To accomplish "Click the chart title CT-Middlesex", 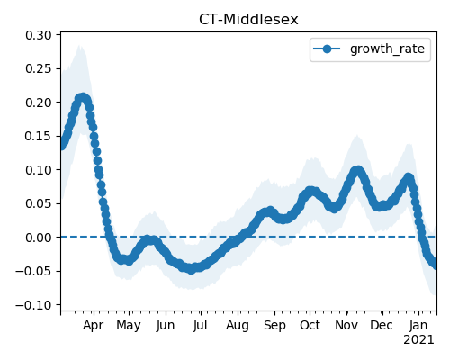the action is click(248, 20).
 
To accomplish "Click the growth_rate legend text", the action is click(387, 49).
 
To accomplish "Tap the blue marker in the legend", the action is click(327, 49).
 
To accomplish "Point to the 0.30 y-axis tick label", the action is click(39, 35).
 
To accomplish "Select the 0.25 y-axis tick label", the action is click(39, 68).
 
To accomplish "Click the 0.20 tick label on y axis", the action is click(39, 103).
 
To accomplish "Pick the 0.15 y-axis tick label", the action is click(39, 136).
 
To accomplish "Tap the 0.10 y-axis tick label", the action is click(39, 170).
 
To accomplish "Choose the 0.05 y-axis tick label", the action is click(39, 203).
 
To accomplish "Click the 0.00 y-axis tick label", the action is click(39, 238).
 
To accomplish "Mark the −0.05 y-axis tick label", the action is click(33, 271).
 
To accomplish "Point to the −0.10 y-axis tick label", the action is click(33, 305).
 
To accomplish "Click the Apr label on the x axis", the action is click(94, 326).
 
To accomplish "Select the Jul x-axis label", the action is click(200, 325).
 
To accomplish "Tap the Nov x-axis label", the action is click(346, 325).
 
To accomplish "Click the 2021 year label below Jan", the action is click(418, 340).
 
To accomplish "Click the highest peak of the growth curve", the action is click(83, 98).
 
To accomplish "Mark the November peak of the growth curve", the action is click(357, 171).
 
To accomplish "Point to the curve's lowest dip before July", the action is click(192, 269).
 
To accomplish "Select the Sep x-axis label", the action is click(274, 326).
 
